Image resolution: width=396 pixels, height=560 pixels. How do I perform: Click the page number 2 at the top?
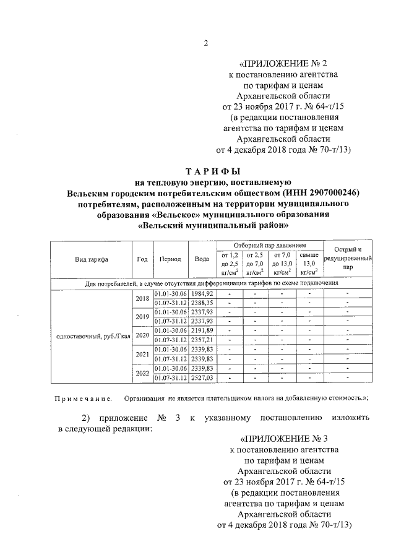pyautogui.click(x=205, y=42)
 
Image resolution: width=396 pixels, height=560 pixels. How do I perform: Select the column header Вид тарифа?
pyautogui.click(x=91, y=259)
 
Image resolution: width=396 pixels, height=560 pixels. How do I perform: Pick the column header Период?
pyautogui.click(x=170, y=259)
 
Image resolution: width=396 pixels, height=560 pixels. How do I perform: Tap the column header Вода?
pyautogui.click(x=201, y=259)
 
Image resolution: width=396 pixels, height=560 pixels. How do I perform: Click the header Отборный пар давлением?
pyautogui.click(x=270, y=245)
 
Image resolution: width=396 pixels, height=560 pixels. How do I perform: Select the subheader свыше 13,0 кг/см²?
pyautogui.click(x=309, y=263)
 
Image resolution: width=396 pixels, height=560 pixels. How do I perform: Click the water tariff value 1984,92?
pyautogui.click(x=202, y=293)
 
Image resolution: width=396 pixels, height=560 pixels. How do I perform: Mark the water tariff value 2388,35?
pyautogui.click(x=202, y=303)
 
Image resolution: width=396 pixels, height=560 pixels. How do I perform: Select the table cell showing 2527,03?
pyautogui.click(x=202, y=377)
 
